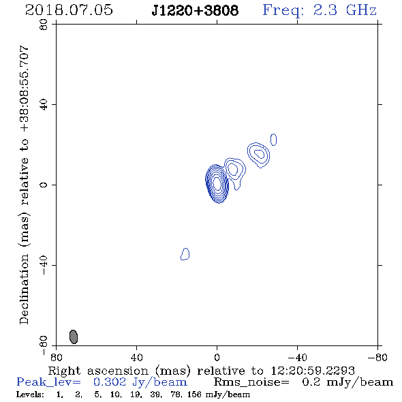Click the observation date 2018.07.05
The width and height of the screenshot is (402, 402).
(x=69, y=10)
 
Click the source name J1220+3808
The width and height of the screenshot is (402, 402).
(x=195, y=10)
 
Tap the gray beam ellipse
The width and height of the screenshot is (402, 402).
(x=74, y=337)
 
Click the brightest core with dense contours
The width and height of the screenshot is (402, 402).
(x=217, y=184)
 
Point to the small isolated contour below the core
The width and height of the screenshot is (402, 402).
(x=185, y=254)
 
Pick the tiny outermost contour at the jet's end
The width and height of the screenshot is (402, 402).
(x=273, y=140)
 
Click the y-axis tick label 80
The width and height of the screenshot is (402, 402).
(x=44, y=25)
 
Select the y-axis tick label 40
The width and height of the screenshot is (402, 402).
(x=44, y=105)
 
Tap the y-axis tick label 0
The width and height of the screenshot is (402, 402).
(x=44, y=185)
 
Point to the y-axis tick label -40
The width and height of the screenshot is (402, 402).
(x=44, y=265)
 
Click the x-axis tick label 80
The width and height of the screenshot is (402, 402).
(x=56, y=358)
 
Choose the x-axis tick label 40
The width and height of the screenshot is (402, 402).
(x=137, y=358)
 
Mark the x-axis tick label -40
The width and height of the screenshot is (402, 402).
(x=297, y=358)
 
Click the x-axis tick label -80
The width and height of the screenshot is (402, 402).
(x=377, y=358)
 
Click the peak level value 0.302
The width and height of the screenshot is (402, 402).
(x=110, y=382)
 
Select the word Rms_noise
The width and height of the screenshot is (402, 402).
(x=251, y=382)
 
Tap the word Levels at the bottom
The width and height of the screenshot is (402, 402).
(x=30, y=395)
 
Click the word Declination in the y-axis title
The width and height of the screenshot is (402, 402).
(x=24, y=289)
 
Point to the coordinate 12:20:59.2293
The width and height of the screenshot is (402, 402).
(x=313, y=371)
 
